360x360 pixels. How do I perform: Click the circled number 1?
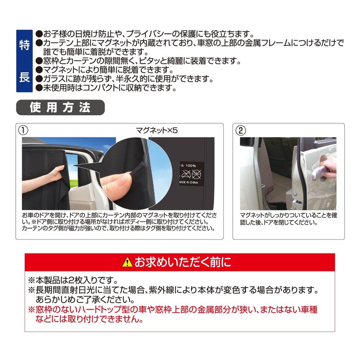(x=22, y=130)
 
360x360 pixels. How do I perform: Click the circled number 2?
(x=241, y=130)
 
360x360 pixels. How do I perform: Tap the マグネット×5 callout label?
(x=157, y=130)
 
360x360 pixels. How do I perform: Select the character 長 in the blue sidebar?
(x=24, y=76)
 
